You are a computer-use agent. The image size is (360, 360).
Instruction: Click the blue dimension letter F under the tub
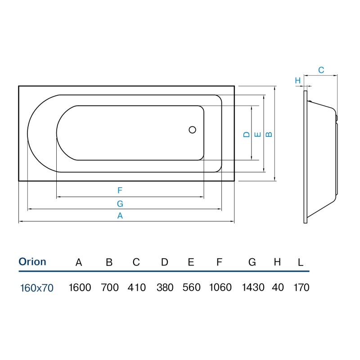point(120,190)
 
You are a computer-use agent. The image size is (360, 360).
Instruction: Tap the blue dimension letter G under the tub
point(120,204)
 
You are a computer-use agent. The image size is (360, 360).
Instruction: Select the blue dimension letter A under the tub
point(120,216)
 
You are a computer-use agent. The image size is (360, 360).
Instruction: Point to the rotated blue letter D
point(246,134)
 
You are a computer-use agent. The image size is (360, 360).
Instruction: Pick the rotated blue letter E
point(258,134)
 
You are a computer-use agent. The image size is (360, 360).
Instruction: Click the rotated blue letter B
point(269,134)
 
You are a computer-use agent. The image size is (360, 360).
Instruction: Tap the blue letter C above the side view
point(321,70)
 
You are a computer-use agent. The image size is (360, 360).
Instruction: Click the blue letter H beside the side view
point(298,81)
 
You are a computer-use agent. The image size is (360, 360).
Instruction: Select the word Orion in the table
point(32,262)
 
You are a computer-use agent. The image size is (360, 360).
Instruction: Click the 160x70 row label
point(37,288)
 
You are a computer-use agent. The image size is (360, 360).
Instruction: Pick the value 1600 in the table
point(80,288)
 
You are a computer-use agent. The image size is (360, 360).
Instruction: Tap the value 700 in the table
point(110,288)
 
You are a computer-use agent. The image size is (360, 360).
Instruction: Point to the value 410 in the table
point(137,288)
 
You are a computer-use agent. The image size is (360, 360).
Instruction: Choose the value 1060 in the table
point(220,288)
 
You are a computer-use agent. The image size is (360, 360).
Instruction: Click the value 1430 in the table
point(253,288)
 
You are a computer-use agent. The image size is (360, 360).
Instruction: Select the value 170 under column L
point(301,288)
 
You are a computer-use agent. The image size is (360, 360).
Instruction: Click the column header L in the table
point(301,262)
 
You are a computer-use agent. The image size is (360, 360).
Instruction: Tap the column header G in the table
point(252,262)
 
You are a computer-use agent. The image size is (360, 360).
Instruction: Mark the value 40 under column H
point(278,288)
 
